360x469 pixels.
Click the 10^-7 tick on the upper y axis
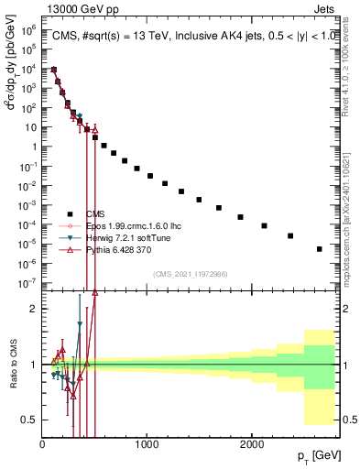click(30, 282)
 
